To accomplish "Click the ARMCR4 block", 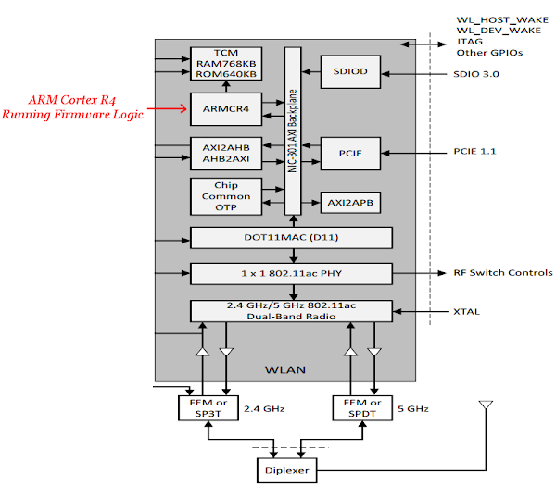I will click(x=226, y=109).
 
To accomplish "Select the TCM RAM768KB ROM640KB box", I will click(x=226, y=63).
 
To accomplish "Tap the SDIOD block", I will click(x=351, y=72).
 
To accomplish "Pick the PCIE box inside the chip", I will click(x=351, y=153).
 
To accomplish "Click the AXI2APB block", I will click(x=351, y=201).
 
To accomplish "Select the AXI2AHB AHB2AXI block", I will click(x=226, y=153).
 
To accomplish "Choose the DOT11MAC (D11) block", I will click(x=292, y=238).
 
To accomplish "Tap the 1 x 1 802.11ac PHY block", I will click(x=292, y=273).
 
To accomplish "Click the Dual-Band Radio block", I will click(x=292, y=311).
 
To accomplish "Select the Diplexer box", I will click(x=287, y=470).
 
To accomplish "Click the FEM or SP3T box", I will click(x=202, y=406).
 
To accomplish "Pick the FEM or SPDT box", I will click(x=360, y=406).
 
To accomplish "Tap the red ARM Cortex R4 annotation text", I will click(x=71, y=107).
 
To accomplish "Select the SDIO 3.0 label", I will click(x=477, y=73).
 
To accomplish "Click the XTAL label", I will click(x=467, y=312).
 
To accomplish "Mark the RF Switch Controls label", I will click(x=503, y=273).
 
